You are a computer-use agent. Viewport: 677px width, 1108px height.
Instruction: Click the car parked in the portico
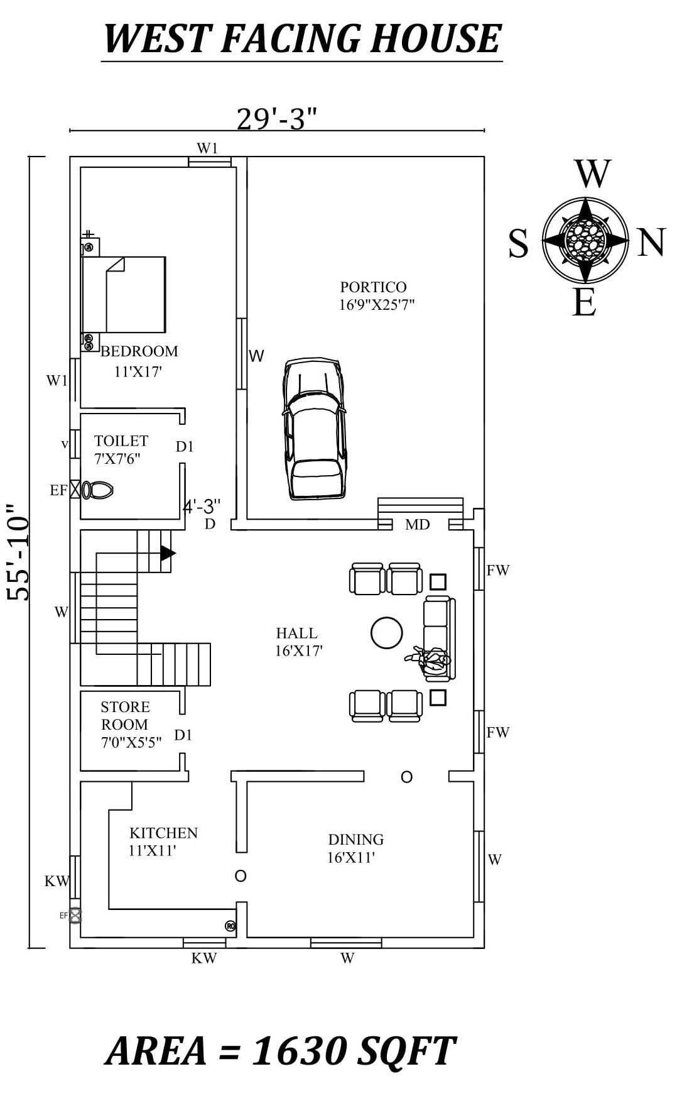[x=314, y=429]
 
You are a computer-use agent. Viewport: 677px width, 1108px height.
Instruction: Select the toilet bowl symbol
[x=97, y=490]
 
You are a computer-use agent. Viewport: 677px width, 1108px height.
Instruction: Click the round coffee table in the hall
[x=386, y=633]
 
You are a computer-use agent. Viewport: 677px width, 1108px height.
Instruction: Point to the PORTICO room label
[x=373, y=287]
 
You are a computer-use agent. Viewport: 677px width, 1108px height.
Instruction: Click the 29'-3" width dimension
[x=276, y=118]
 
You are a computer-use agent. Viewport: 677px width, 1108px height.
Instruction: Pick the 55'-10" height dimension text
[x=19, y=551]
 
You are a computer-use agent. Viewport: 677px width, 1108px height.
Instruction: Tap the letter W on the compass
[x=592, y=174]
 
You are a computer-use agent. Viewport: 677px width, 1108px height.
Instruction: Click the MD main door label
[x=417, y=524]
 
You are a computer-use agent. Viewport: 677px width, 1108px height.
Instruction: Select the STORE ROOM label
[x=125, y=715]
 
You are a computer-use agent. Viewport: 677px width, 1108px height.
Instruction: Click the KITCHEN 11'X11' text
[x=163, y=842]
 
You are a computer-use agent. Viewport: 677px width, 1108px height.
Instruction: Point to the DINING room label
[x=355, y=840]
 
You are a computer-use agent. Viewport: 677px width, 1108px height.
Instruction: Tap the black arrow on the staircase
[x=167, y=553]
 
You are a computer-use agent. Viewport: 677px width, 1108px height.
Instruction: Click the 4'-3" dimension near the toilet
[x=202, y=506]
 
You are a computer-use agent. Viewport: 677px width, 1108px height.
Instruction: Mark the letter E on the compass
[x=584, y=304]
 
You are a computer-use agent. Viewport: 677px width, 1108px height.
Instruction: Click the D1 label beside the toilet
[x=185, y=447]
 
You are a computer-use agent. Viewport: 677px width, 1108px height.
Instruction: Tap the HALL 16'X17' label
[x=298, y=642]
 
